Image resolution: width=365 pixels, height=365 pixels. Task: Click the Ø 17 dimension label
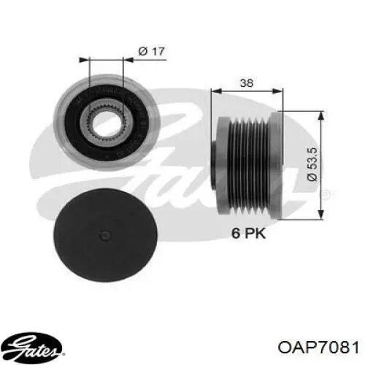tap(151, 51)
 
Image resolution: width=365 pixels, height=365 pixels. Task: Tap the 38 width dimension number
tap(247, 83)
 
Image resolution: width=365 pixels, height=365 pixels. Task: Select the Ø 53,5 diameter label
tap(312, 164)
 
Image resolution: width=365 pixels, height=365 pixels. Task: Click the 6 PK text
tap(248, 233)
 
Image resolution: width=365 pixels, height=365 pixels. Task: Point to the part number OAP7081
tap(318, 347)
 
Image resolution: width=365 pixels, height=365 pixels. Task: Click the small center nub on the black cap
tap(105, 235)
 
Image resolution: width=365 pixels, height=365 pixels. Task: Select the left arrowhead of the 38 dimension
tap(216, 91)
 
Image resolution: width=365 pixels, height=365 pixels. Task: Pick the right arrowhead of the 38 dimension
tap(277, 91)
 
